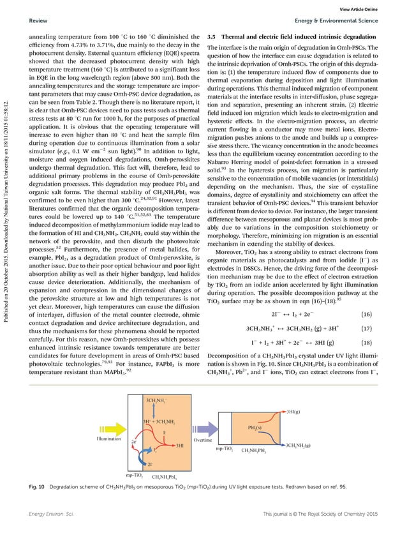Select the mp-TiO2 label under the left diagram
(x=134, y=475)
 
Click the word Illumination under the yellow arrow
(x=109, y=440)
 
